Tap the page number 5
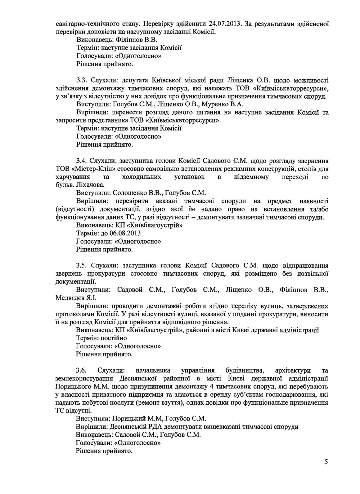pos(326,463)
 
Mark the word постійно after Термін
pos(114,338)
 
